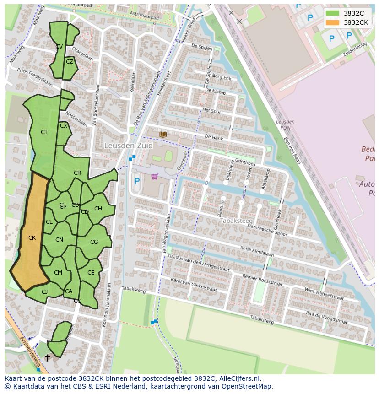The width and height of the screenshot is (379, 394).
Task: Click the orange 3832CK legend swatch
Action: pyautogui.click(x=333, y=22)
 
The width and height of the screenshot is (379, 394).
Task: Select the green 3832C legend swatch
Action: pyautogui.click(x=333, y=13)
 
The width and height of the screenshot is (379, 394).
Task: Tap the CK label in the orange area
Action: pyautogui.click(x=32, y=238)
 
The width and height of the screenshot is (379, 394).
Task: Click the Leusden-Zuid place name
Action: pyautogui.click(x=128, y=146)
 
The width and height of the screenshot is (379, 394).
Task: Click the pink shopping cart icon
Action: pyautogui.click(x=155, y=177)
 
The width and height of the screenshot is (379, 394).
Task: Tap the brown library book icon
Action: pyautogui.click(x=163, y=134)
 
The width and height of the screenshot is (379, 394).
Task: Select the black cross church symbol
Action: pyautogui.click(x=47, y=358)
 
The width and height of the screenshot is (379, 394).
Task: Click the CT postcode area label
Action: pyautogui.click(x=44, y=132)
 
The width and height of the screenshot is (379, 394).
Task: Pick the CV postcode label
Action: pyautogui.click(x=59, y=47)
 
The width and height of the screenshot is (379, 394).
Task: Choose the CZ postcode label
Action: pyautogui.click(x=70, y=62)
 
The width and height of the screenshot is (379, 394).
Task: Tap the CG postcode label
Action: pyautogui.click(x=94, y=242)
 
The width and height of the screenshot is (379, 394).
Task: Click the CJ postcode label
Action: pyautogui.click(x=44, y=292)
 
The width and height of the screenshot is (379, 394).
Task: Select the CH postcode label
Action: pyautogui.click(x=98, y=209)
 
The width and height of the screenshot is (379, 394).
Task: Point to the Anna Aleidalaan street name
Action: pyautogui.click(x=256, y=252)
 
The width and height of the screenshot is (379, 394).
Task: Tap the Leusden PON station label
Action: pyautogui.click(x=285, y=124)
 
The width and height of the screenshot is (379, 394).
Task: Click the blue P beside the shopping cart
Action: pyautogui.click(x=137, y=181)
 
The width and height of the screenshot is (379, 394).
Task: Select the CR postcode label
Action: pyautogui.click(x=77, y=173)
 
